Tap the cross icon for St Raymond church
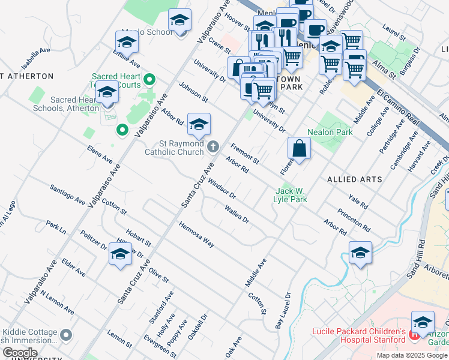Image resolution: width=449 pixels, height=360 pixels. coord(212,146)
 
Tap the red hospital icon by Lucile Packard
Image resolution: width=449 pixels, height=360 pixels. coord(414,332)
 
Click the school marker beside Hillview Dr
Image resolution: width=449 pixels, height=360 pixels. coord(120,254)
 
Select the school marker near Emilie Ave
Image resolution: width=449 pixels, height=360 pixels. coord(127,43)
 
